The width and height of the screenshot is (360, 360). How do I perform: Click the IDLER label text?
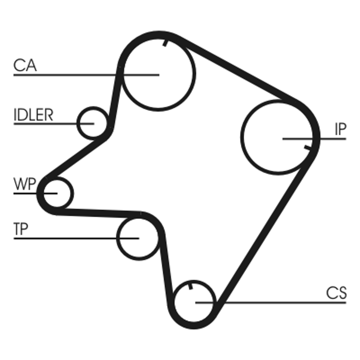tap(33, 115)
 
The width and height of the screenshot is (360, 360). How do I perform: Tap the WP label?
tap(25, 184)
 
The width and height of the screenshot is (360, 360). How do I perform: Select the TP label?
tap(21, 229)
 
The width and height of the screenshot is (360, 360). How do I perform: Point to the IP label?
tap(340, 130)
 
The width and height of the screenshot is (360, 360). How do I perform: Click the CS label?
tap(336, 293)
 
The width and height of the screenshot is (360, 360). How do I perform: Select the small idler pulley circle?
tap(93, 122)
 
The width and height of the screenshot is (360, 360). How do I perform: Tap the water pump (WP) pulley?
tap(57, 193)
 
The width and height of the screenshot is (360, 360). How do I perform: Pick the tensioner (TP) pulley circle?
tap(138, 237)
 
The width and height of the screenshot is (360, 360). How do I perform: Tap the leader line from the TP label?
tap(67, 238)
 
